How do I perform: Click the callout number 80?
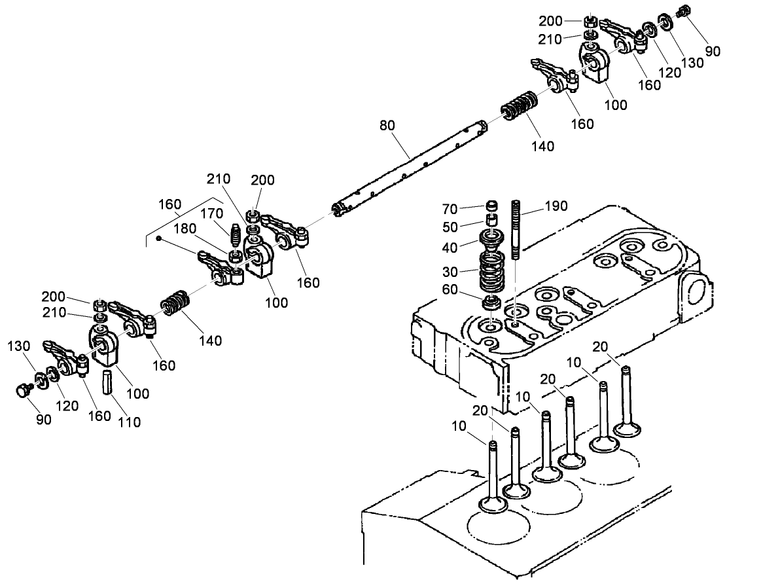387,124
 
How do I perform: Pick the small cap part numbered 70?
491,206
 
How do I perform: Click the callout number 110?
129,422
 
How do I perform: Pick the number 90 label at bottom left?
44,420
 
